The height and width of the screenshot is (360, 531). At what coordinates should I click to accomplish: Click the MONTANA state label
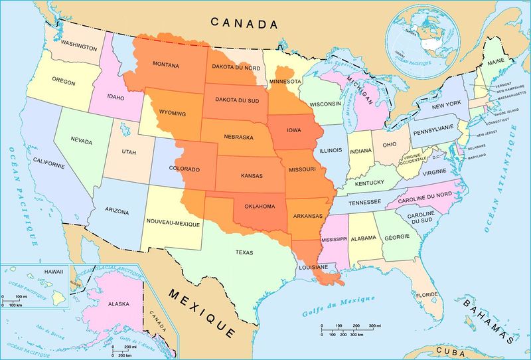tap(166, 64)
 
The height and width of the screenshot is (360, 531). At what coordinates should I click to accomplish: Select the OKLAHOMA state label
tap(260, 206)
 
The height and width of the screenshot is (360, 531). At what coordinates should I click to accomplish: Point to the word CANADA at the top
tap(244, 23)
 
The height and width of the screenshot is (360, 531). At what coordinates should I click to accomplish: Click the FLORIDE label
tap(427, 294)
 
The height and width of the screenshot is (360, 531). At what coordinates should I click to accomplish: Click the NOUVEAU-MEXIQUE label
tap(173, 224)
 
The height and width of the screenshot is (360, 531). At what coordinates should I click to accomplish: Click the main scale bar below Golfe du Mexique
tap(351, 329)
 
